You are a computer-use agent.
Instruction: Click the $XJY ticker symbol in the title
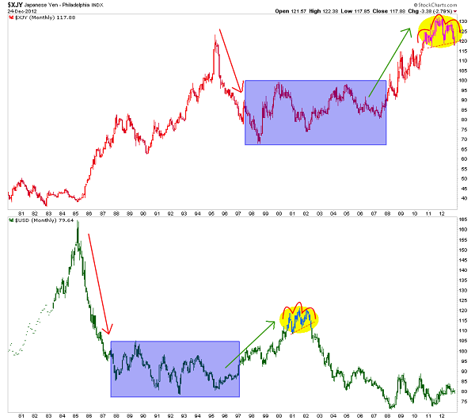(x=15, y=5)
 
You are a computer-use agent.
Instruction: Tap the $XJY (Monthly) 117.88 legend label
(x=40, y=20)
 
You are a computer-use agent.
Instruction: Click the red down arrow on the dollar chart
(x=98, y=281)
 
